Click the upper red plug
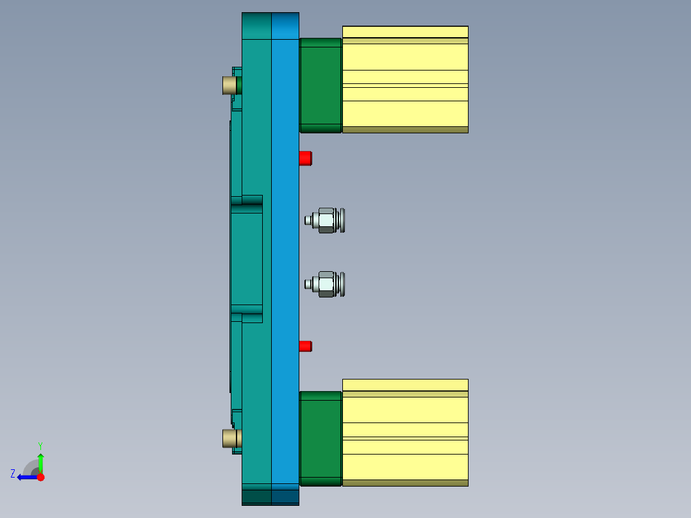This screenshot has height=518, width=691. pyautogui.click(x=305, y=158)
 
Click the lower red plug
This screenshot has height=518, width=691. pyautogui.click(x=305, y=346)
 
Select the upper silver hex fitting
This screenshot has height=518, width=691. pyautogui.click(x=326, y=220)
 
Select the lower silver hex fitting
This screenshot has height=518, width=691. pyautogui.click(x=326, y=284)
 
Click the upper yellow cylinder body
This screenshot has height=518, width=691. pyautogui.click(x=405, y=77)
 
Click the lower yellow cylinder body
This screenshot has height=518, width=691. pyautogui.click(x=405, y=430)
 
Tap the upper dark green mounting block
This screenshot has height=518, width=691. pyautogui.click(x=321, y=85)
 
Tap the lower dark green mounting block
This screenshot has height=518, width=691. pyautogui.click(x=321, y=438)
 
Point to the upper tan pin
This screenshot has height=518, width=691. pyautogui.click(x=229, y=85)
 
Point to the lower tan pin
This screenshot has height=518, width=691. pyautogui.click(x=229, y=439)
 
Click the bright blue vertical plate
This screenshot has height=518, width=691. pyautogui.click(x=285, y=256)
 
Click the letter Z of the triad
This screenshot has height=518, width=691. pyautogui.click(x=13, y=474)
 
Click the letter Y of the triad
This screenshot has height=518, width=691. pyautogui.click(x=40, y=445)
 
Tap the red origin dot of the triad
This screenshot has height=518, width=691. pyautogui.click(x=40, y=477)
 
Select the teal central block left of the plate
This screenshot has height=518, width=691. pyautogui.click(x=247, y=258)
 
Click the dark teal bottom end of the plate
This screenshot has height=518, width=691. pyautogui.click(x=270, y=497)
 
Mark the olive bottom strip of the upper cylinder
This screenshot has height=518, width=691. pyautogui.click(x=405, y=129)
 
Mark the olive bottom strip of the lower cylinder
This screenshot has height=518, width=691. pyautogui.click(x=405, y=483)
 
